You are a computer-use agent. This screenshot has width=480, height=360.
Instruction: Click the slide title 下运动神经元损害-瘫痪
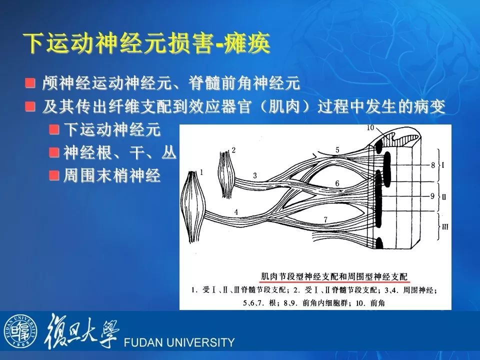click(147, 43)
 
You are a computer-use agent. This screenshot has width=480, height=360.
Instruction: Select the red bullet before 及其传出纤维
click(30, 106)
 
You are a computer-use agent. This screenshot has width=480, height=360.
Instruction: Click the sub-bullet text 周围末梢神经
click(112, 175)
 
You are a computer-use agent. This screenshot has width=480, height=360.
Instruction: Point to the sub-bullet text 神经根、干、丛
click(120, 152)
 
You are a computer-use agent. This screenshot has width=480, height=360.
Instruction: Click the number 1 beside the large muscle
click(201, 172)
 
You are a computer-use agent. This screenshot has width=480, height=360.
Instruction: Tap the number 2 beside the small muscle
click(233, 150)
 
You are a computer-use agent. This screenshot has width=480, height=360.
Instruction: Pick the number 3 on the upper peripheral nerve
click(254, 175)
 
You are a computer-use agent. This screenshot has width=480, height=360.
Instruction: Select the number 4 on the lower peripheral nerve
click(236, 212)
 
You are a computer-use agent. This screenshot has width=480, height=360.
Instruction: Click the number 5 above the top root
click(337, 150)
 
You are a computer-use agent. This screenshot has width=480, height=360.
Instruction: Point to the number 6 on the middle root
click(337, 183)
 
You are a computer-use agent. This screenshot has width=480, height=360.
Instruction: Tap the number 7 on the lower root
click(325, 219)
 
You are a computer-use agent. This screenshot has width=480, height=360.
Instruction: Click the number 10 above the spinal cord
click(370, 127)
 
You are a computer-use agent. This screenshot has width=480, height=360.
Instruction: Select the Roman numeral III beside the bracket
click(445, 227)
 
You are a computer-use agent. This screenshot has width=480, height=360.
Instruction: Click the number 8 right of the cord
click(433, 165)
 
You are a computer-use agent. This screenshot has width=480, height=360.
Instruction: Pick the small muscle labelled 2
click(227, 174)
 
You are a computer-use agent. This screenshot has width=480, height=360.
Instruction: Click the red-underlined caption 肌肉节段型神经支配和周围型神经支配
click(334, 276)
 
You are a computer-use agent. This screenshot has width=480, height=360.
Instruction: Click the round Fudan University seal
click(20, 331)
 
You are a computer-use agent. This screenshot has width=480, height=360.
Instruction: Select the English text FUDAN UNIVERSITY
click(179, 342)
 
